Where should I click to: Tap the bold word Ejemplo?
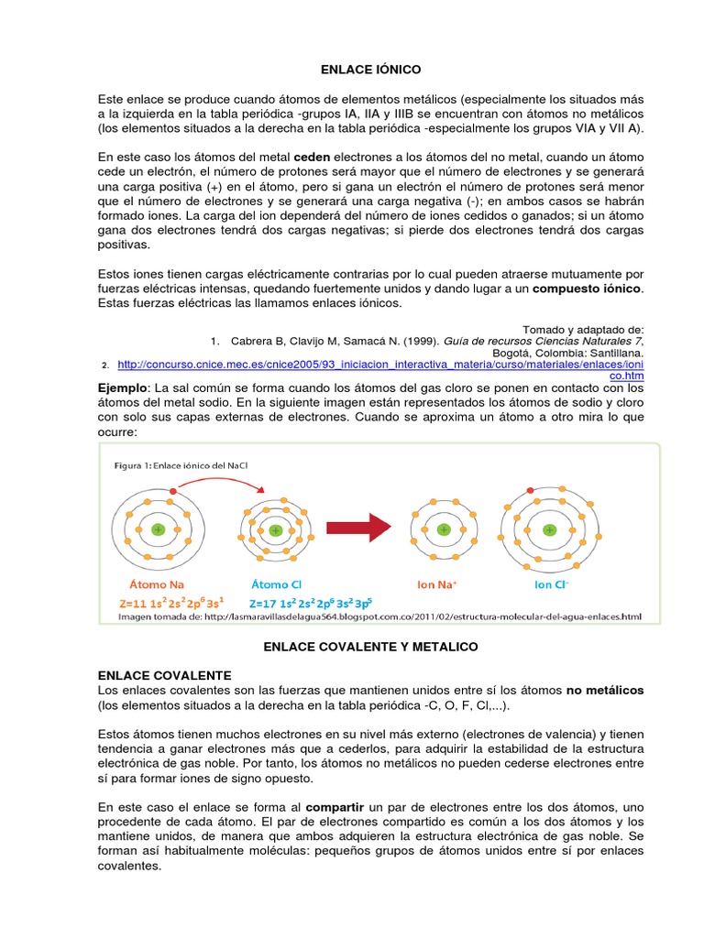click(x=122, y=388)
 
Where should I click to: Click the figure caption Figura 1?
click(x=181, y=465)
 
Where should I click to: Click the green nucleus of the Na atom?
click(x=158, y=529)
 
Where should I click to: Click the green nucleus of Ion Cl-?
click(x=548, y=529)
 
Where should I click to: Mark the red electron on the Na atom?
click(x=171, y=492)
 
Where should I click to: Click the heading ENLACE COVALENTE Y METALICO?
click(x=370, y=647)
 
